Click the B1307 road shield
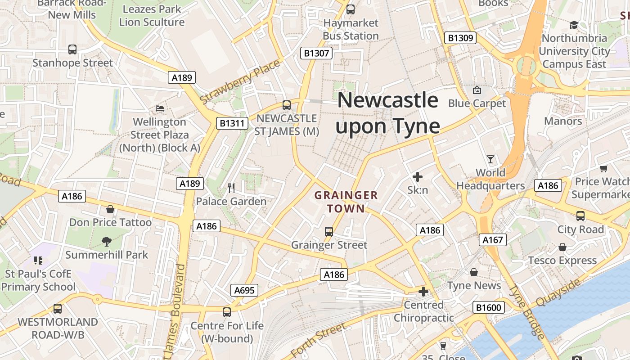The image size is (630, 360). click(x=316, y=54)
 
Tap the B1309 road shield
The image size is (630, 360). click(x=460, y=38)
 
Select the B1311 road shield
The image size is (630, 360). click(x=232, y=123)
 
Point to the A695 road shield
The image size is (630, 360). click(x=245, y=290)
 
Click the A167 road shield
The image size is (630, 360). click(x=493, y=240)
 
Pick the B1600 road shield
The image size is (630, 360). click(x=488, y=308)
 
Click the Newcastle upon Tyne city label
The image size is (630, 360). click(x=387, y=113)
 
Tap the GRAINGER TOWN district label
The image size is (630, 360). click(x=346, y=202)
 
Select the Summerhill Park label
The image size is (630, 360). click(x=107, y=255)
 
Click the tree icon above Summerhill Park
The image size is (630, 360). click(x=107, y=242)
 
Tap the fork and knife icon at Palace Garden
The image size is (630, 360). click(x=231, y=188)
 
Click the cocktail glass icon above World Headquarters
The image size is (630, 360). click(x=490, y=159)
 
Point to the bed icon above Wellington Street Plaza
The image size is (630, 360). click(x=160, y=108)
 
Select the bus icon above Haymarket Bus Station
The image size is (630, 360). click(x=351, y=9)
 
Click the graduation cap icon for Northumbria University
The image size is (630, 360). click(x=574, y=25)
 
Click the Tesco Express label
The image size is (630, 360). click(x=562, y=261)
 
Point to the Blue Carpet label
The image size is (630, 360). click(x=477, y=103)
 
